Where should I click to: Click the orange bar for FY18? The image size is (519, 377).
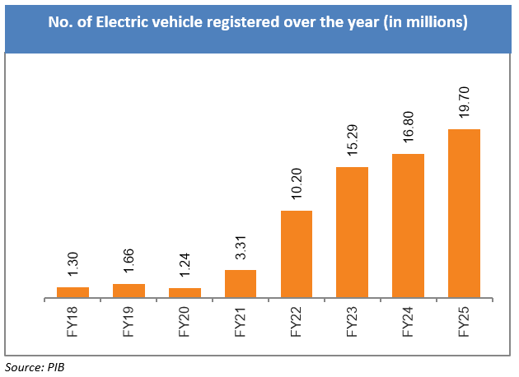point(72,292)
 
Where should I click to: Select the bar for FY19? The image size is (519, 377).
point(129,291)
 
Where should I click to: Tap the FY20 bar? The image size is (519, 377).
point(185,292)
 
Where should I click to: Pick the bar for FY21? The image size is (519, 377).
point(241,283)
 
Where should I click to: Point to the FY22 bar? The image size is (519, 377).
point(297,254)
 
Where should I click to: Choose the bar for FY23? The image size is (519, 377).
point(352,232)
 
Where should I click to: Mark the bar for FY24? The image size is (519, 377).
point(408,226)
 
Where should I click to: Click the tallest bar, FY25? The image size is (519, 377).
point(464,213)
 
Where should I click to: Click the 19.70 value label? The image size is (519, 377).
point(465,105)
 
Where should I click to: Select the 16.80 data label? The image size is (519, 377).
point(409,130)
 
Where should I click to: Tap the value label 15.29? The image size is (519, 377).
point(353,143)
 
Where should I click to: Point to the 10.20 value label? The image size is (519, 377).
point(297,187)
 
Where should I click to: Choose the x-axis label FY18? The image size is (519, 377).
point(72,320)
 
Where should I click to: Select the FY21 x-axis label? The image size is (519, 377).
point(241,320)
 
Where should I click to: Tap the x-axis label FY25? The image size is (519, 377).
point(465,320)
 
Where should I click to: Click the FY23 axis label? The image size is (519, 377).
point(353,320)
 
